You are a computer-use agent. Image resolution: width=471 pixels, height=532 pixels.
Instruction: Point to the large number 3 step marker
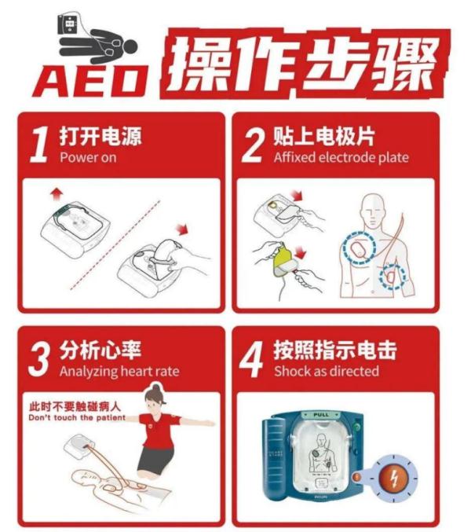coord(39,360)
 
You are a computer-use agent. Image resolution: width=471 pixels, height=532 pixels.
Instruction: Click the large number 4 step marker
coord(253,360)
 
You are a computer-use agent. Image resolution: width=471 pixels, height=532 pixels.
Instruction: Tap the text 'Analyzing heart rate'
coord(119,372)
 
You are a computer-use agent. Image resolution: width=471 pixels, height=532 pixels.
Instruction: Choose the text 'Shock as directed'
coord(326,372)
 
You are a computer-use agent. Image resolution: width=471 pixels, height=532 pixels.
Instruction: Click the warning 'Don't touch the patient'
coord(74,418)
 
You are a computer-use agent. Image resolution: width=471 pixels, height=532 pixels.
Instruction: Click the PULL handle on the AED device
coord(323,413)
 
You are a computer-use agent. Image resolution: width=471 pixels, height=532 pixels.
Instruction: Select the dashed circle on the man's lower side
coord(392,277)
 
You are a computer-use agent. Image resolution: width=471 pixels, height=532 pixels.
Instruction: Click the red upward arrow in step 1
coord(53,193)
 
